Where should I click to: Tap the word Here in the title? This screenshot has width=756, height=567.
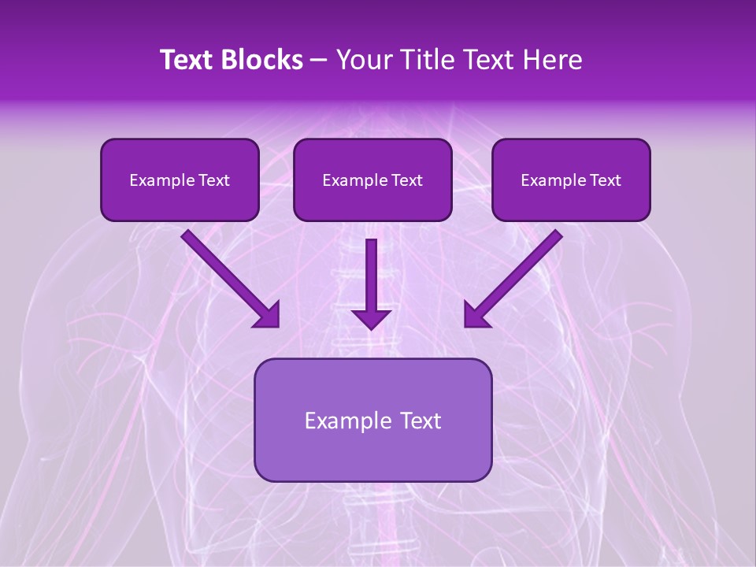pyautogui.click(x=553, y=60)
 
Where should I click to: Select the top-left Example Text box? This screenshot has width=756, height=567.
pyautogui.click(x=180, y=180)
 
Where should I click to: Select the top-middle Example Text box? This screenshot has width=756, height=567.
pyautogui.click(x=372, y=180)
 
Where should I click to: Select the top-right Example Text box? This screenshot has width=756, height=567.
pyautogui.click(x=571, y=180)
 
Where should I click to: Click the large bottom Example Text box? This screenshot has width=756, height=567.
pyautogui.click(x=372, y=421)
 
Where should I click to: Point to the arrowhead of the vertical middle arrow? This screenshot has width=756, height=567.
pyautogui.click(x=371, y=320)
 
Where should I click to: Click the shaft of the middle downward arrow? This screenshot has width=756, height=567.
pyautogui.click(x=371, y=272)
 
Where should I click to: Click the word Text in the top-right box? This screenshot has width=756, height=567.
pyautogui.click(x=606, y=180)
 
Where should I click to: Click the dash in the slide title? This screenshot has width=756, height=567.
pyautogui.click(x=319, y=61)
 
